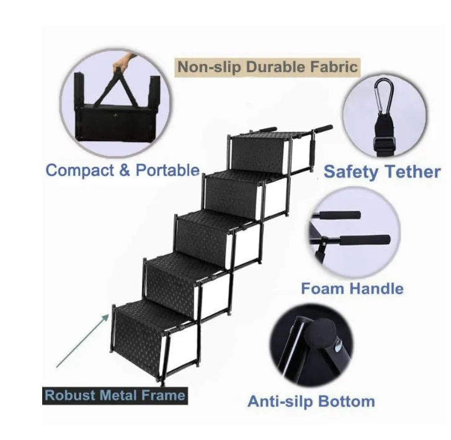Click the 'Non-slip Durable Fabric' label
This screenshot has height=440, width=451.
tap(267, 66)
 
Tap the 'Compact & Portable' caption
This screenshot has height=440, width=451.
tap(123, 170)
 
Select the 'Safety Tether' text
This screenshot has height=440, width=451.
tap(382, 172)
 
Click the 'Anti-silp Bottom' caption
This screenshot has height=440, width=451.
tap(311, 401)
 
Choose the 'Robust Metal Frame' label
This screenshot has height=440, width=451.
tap(115, 395)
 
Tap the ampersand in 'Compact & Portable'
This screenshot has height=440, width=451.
tap(120, 170)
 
